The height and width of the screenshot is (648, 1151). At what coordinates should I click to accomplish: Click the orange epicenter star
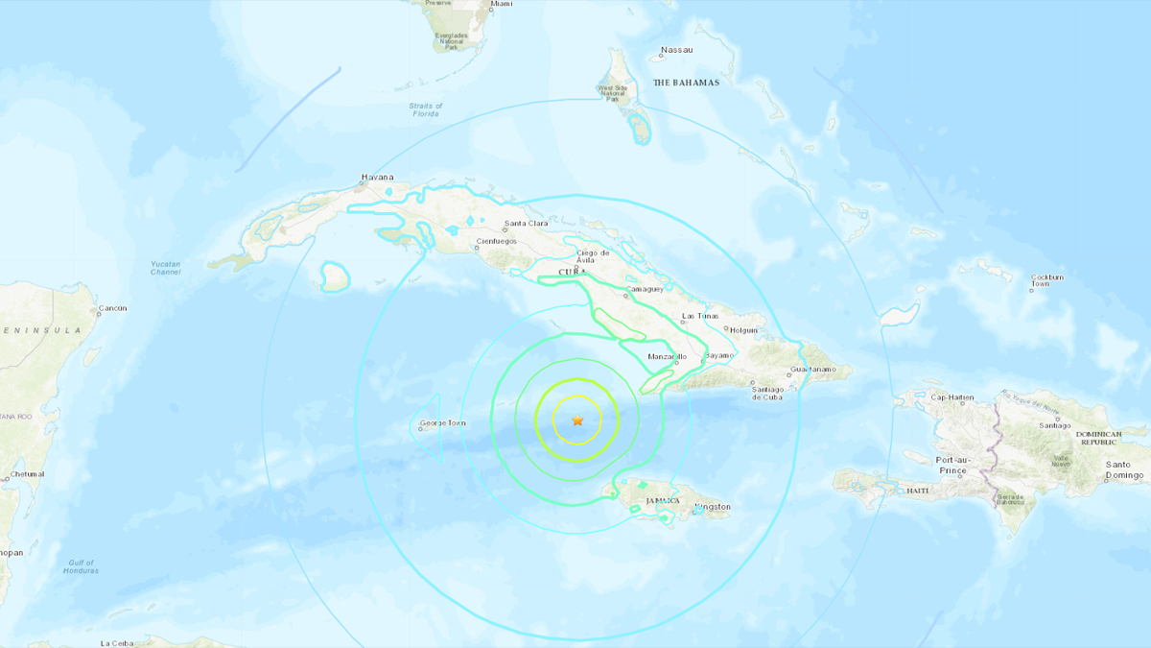pos(577,420)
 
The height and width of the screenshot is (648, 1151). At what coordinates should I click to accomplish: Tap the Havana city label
pos(377,177)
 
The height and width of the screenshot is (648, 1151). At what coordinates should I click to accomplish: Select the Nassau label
pos(676,50)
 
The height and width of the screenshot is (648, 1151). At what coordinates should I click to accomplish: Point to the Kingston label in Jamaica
pos(712,506)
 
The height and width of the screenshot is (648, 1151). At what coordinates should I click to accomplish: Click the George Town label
pos(442,422)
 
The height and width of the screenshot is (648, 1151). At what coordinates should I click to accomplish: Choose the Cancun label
pos(112,308)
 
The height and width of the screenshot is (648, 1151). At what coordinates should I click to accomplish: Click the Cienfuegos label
pos(498,243)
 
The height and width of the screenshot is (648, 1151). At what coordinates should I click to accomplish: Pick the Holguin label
pos(743,330)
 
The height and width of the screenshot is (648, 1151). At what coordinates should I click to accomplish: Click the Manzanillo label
pos(668,357)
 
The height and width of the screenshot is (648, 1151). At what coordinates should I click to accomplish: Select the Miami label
pos(501,4)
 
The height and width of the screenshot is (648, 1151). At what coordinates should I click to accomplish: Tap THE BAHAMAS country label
pos(686,83)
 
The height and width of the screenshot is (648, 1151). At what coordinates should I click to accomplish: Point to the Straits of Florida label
pos(426,109)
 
